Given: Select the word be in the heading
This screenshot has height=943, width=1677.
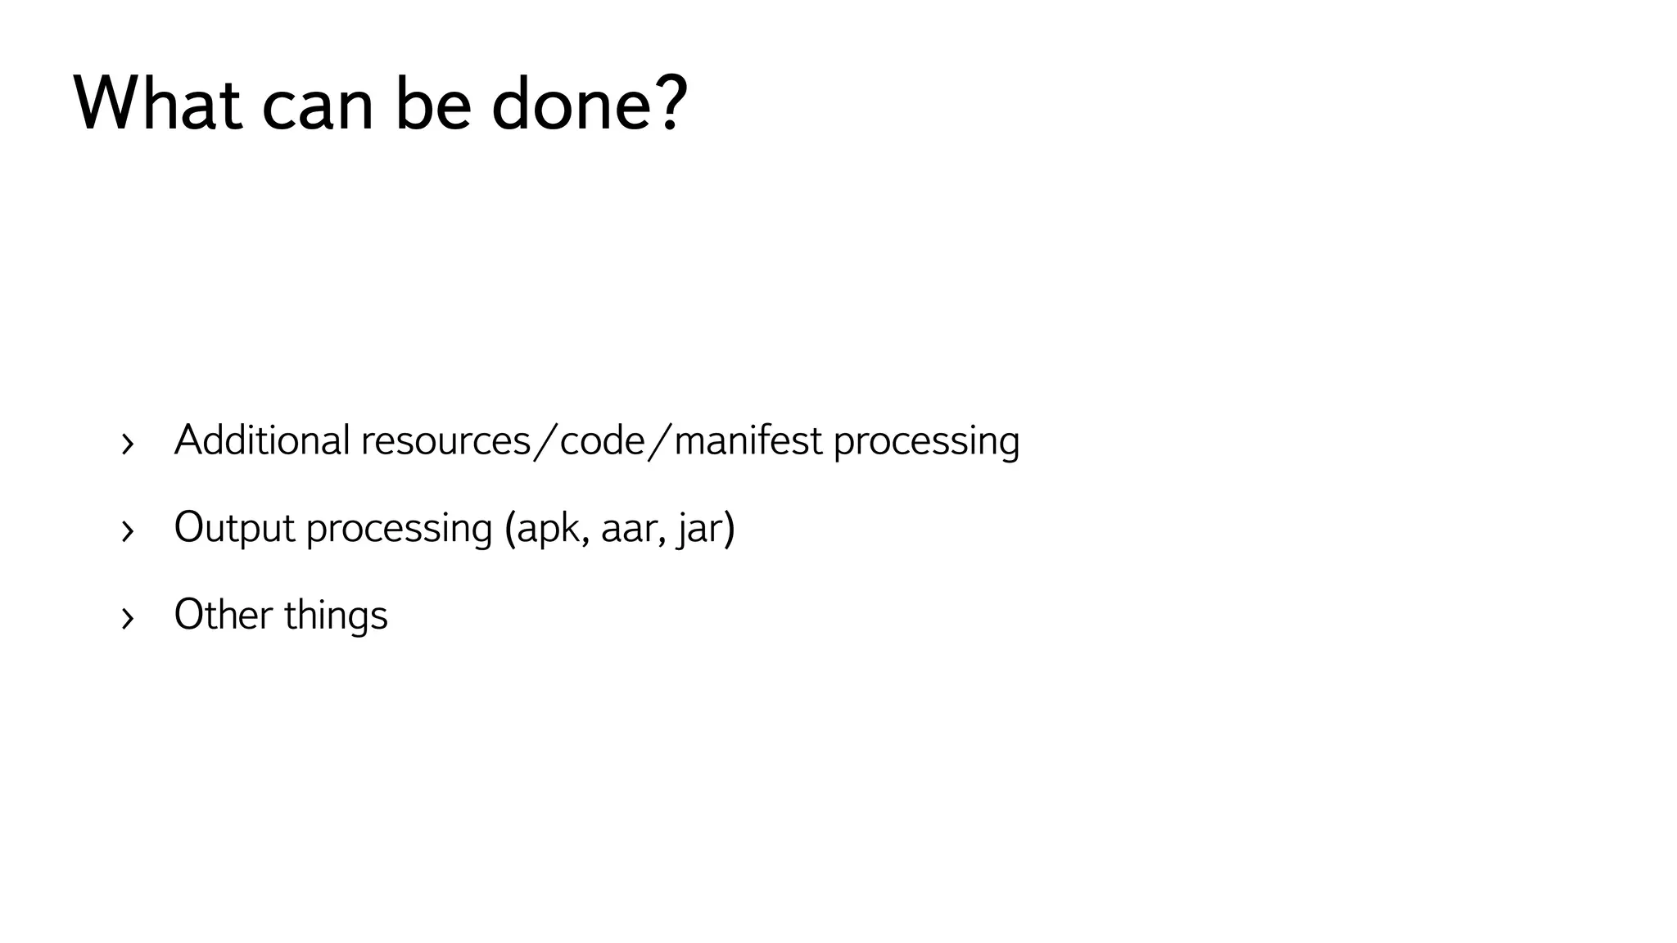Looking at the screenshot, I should tap(433, 104).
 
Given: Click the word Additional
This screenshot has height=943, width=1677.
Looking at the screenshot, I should tap(262, 440).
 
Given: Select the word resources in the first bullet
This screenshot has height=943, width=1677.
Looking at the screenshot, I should tap(446, 442).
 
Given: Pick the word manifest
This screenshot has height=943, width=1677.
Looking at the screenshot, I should tap(748, 440).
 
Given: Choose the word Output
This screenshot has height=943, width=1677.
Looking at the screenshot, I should tap(234, 528).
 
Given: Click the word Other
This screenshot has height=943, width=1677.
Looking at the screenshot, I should tap(223, 615).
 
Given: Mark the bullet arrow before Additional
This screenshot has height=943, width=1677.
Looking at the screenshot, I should tap(127, 444).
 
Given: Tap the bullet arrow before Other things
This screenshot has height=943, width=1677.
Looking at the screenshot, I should tap(127, 619).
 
